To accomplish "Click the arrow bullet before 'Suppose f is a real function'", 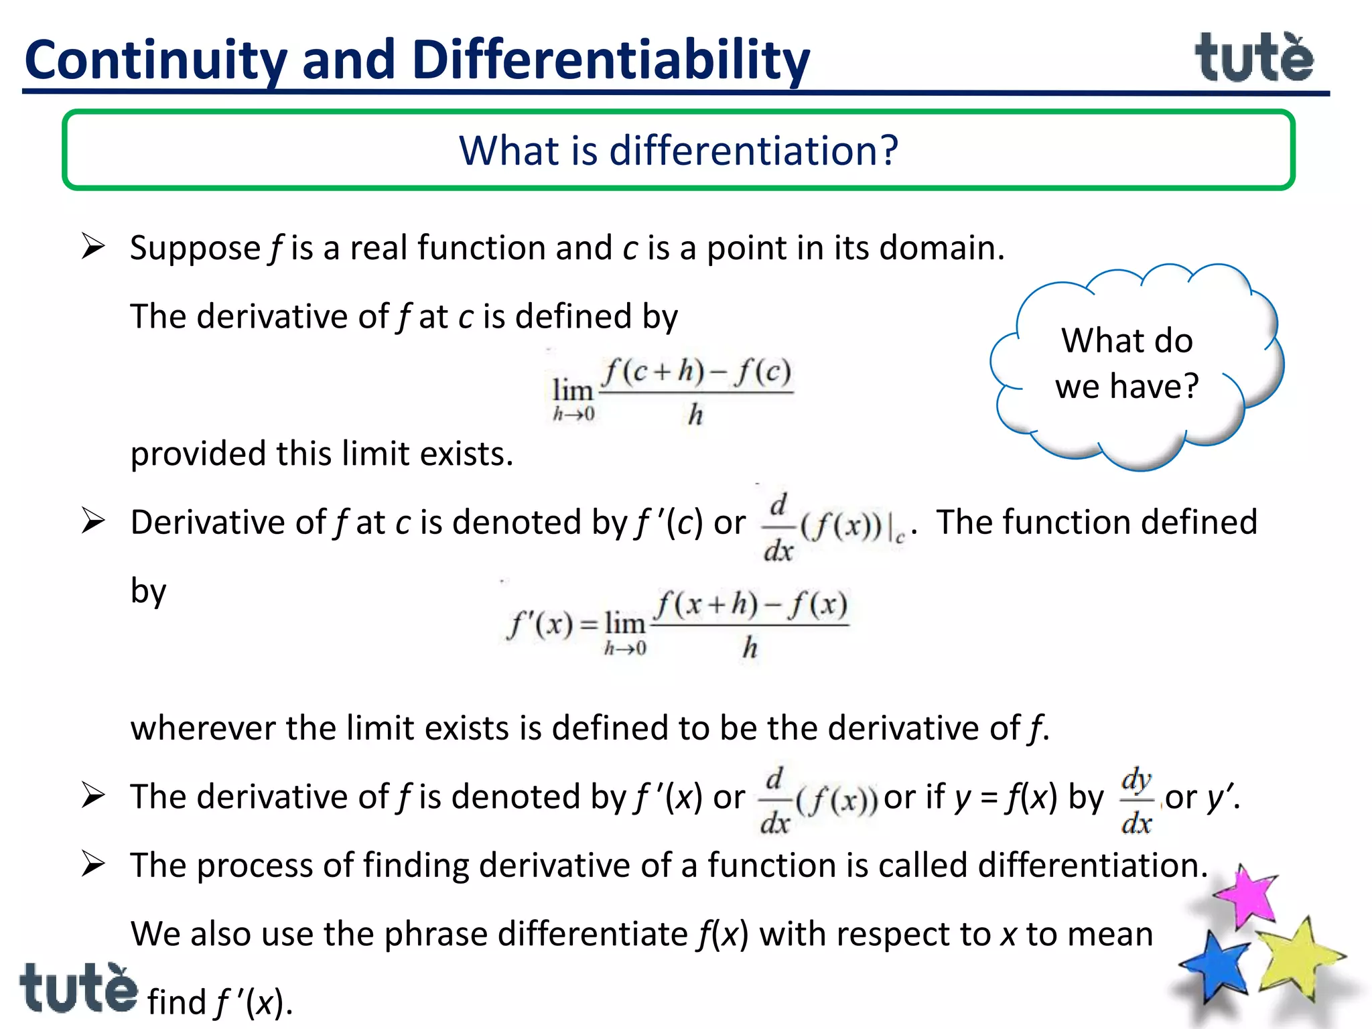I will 93,247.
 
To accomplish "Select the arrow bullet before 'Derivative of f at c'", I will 93,521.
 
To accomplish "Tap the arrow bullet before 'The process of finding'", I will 93,864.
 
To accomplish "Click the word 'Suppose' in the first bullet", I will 195,249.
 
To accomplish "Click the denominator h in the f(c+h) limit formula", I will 695,415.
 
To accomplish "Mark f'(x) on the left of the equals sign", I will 540,624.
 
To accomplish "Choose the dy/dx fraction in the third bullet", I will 1137,801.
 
